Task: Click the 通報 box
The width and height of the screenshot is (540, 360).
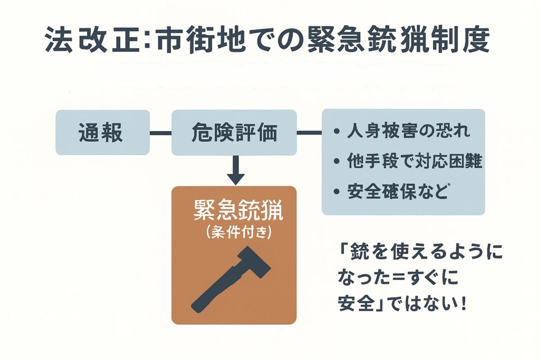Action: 102,132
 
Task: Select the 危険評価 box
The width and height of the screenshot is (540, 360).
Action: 234,132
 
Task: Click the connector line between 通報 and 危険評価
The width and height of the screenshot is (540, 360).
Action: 161,133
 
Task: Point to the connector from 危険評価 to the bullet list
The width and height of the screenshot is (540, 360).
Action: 309,133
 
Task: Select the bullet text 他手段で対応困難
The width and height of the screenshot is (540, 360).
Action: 414,161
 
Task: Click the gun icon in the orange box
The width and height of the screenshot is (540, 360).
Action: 230,279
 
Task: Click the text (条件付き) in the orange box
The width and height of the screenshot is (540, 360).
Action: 234,232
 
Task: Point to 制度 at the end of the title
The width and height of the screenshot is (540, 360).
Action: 464,40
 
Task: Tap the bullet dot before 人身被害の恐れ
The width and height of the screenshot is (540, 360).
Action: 336,132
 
